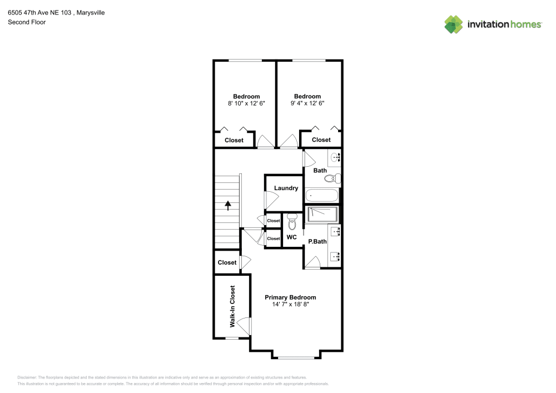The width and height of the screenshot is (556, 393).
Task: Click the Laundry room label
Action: (286, 188)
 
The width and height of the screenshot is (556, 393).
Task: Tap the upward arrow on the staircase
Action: (228, 205)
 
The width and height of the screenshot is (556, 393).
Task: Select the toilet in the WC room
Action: (292, 223)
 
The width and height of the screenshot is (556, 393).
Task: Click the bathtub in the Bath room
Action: (322, 196)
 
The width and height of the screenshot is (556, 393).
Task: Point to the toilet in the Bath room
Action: (332, 178)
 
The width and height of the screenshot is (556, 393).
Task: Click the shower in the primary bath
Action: (323, 214)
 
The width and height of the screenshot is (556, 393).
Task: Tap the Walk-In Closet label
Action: (232, 306)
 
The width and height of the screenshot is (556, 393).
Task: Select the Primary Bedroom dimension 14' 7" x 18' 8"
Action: (290, 305)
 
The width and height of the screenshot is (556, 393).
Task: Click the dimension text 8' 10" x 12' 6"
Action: (246, 103)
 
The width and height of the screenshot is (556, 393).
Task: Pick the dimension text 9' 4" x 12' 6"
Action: (307, 103)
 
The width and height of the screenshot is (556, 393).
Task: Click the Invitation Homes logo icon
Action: (454, 24)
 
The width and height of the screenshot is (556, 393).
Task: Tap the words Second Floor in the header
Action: (27, 22)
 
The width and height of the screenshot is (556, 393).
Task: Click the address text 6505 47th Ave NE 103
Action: (39, 12)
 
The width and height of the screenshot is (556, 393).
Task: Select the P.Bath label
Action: (317, 241)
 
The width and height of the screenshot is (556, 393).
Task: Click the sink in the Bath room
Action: (335, 158)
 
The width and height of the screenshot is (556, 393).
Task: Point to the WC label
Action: (291, 237)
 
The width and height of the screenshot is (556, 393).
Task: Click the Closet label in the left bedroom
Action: (234, 140)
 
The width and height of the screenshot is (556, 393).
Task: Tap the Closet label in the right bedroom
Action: (321, 140)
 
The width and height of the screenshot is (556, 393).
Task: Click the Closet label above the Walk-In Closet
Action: (227, 262)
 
